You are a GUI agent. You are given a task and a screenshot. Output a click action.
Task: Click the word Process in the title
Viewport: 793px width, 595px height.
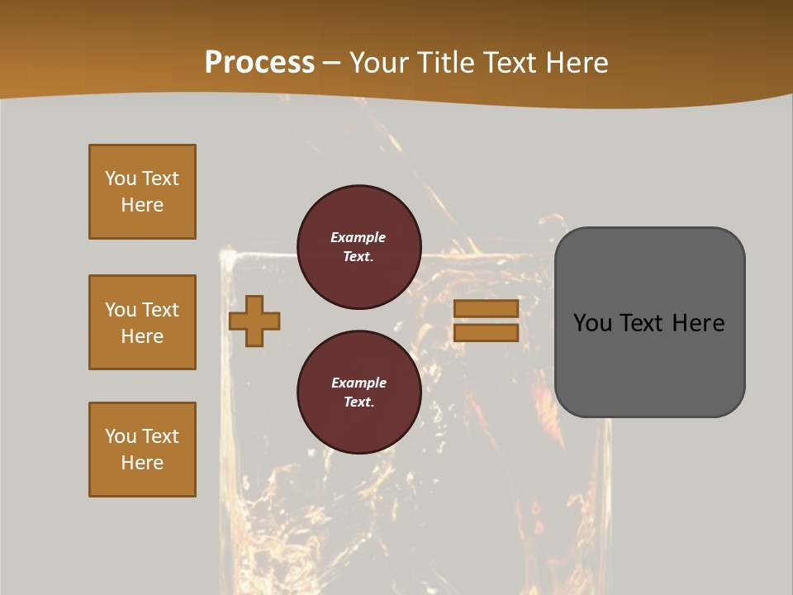click(259, 63)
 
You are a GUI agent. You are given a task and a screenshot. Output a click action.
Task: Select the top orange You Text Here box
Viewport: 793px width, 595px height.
click(142, 192)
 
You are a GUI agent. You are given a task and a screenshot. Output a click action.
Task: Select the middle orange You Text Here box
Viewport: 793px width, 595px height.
click(142, 322)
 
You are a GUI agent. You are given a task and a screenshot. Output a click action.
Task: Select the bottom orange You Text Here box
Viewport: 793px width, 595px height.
click(142, 450)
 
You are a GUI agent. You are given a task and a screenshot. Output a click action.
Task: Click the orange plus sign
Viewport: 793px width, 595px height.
click(254, 321)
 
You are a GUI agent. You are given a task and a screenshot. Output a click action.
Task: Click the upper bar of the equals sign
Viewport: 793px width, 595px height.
click(486, 308)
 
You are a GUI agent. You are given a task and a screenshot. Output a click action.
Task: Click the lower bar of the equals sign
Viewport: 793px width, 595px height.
click(486, 332)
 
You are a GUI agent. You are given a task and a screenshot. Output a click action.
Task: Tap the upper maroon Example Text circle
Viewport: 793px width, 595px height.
click(359, 246)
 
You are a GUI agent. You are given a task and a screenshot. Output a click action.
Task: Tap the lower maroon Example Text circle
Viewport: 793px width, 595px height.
click(359, 392)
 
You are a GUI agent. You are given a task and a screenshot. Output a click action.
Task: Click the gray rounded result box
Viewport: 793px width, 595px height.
click(649, 322)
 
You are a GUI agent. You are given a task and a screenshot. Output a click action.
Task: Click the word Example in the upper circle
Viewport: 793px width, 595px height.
click(359, 237)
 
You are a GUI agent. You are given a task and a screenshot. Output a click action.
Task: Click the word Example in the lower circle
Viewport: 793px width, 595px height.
click(359, 383)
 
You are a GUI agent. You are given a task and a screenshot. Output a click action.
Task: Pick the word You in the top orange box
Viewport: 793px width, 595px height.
click(121, 178)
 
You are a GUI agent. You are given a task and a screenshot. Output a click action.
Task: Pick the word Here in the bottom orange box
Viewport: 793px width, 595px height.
click(142, 463)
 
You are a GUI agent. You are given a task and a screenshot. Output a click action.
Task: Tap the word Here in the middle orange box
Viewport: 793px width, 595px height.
click(142, 336)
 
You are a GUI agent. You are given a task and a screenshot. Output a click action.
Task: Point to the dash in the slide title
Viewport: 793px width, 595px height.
click(332, 64)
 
